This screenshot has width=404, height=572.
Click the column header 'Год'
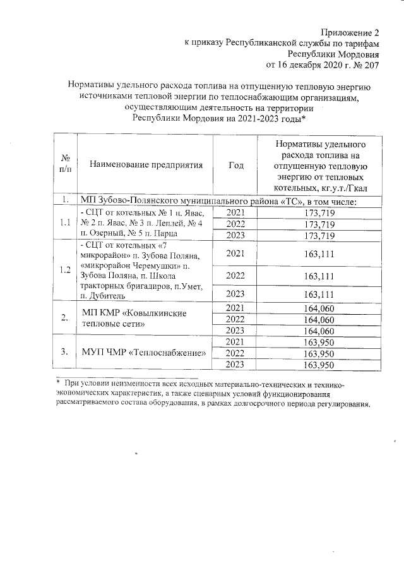point(236,166)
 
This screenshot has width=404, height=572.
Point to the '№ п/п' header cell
point(64,166)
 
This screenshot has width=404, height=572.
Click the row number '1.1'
point(64,223)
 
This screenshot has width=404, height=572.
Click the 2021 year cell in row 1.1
point(236,213)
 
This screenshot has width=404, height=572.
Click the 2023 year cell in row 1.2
point(236,295)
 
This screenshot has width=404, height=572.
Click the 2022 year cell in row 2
point(236,319)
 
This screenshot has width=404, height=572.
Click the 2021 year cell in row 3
point(236,341)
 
